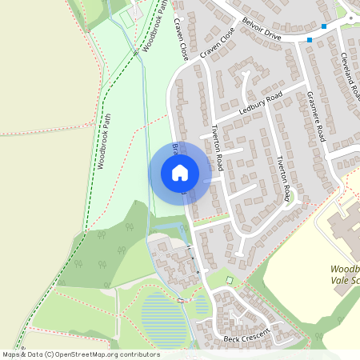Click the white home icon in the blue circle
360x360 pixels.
180,172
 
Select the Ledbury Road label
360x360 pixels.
260,105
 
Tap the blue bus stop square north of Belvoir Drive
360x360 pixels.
324,26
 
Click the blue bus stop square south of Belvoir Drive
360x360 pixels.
310,39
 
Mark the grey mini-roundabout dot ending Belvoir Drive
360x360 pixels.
350,18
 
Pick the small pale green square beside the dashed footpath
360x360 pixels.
230,280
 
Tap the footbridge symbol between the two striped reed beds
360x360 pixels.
181,300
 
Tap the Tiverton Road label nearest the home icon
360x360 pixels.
215,145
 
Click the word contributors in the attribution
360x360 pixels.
134,354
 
